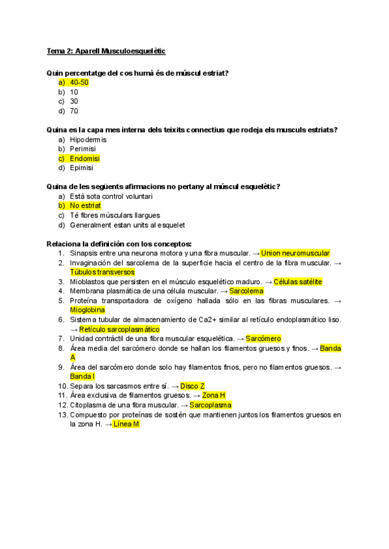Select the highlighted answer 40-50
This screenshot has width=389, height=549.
(x=79, y=83)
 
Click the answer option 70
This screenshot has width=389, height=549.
(x=74, y=111)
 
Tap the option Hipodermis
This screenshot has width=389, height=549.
(x=88, y=140)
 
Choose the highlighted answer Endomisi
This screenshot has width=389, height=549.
(x=85, y=159)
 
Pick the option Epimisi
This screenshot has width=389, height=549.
(x=82, y=168)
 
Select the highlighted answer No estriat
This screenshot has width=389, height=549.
(x=85, y=206)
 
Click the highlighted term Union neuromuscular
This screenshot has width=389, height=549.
(x=296, y=253)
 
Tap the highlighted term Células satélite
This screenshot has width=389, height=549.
(x=298, y=282)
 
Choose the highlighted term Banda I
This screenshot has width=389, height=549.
(x=82, y=376)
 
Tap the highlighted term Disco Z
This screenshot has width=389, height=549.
(x=193, y=386)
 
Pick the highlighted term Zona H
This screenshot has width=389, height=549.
(x=213, y=395)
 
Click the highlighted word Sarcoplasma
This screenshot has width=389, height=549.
(x=210, y=405)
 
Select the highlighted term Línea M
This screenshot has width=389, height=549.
(x=126, y=424)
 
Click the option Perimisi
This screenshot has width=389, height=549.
(x=83, y=149)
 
